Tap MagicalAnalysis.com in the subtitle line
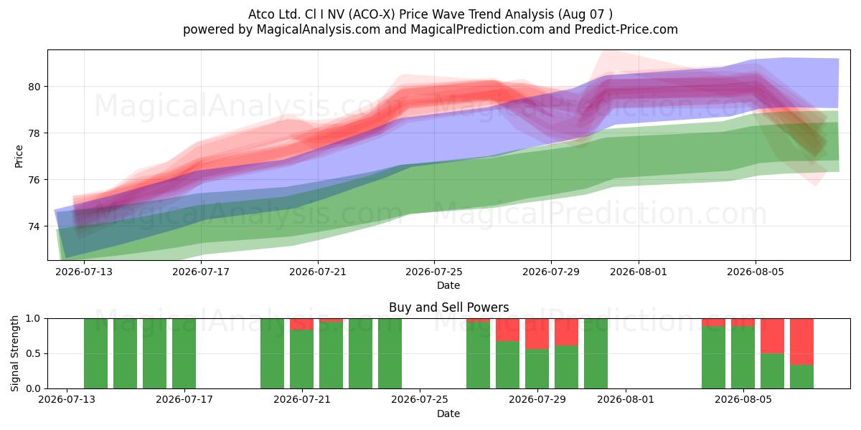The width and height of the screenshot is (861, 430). click(x=319, y=29)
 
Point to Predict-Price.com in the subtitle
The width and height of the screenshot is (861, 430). click(x=626, y=29)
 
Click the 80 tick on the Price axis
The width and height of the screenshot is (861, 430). click(x=34, y=87)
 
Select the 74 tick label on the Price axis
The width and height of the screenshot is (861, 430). click(x=34, y=226)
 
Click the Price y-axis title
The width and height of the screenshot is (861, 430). click(x=19, y=156)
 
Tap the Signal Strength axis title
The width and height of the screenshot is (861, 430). click(x=14, y=353)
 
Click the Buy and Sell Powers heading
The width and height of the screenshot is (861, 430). click(x=448, y=307)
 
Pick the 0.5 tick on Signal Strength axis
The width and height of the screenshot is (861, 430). click(x=33, y=353)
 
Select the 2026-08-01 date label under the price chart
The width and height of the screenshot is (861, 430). click(x=639, y=272)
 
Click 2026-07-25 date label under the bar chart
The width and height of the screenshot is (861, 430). click(x=419, y=399)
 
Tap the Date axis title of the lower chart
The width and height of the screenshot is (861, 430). click(x=448, y=414)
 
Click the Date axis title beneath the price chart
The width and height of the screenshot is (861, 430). click(x=448, y=285)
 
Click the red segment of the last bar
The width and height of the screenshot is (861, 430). click(x=802, y=342)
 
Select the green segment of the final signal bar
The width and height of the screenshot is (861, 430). click(x=802, y=377)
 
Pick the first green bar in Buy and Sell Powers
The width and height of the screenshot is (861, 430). click(x=95, y=353)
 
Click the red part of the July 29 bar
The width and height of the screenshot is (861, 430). click(x=537, y=334)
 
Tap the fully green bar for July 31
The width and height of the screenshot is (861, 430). click(x=596, y=353)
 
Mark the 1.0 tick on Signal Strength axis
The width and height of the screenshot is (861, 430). click(x=33, y=319)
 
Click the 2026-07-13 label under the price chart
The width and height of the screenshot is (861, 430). click(x=84, y=272)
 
